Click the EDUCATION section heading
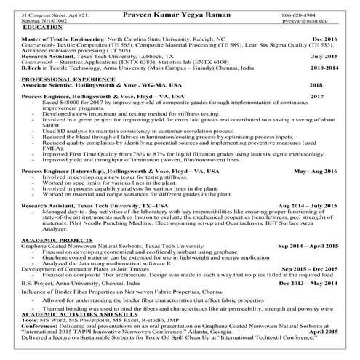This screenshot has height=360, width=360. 43,28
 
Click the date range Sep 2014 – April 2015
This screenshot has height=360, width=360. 307,246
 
